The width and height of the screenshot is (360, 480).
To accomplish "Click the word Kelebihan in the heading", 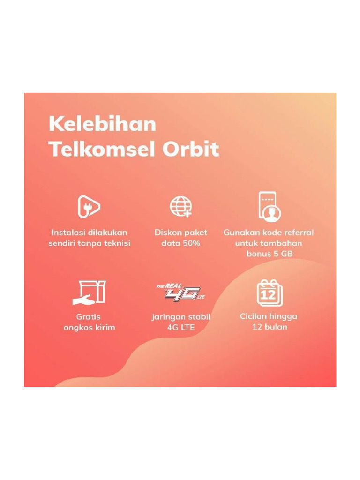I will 102,125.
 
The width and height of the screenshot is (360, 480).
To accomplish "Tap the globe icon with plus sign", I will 180,207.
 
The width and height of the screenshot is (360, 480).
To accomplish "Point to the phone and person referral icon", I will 269,207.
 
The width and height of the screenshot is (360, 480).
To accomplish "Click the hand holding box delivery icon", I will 89,292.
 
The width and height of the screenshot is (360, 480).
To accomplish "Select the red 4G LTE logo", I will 181,293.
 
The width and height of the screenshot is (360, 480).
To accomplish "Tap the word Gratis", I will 89,317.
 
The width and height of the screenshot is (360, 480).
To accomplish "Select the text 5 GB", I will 283,254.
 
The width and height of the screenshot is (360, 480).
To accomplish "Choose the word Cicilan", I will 254,316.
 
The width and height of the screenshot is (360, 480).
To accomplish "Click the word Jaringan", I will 167,317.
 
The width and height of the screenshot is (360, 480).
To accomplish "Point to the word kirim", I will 105,327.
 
